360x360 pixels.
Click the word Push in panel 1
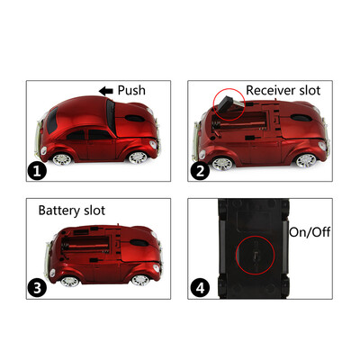(130, 90)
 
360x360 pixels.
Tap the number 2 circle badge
(201, 168)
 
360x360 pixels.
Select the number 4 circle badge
(201, 288)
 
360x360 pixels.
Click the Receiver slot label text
(283, 89)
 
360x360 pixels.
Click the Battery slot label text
(71, 211)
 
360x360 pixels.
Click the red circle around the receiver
(229, 105)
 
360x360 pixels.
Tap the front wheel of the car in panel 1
(138, 157)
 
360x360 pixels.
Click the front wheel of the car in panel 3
(139, 279)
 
